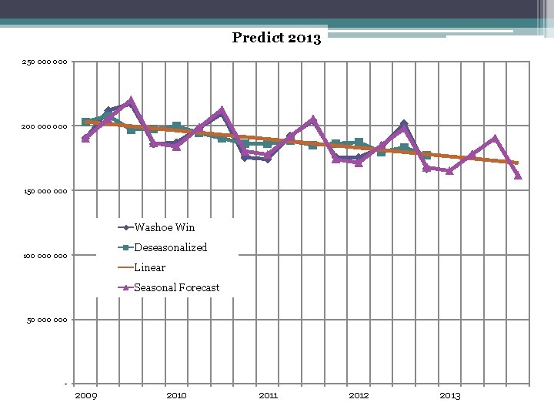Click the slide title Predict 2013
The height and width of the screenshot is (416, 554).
[276, 38]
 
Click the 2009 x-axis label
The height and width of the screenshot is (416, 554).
[85, 395]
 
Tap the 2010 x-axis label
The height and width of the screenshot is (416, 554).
[176, 395]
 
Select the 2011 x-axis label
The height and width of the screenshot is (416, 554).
[268, 395]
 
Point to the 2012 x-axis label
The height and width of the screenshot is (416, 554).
[359, 395]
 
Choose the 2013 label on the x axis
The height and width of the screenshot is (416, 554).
[449, 395]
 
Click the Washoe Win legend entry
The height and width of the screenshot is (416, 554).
[164, 227]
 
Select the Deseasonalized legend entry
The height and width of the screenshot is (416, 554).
[170, 247]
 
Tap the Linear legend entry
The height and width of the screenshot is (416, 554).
[149, 267]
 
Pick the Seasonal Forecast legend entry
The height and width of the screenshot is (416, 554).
[176, 287]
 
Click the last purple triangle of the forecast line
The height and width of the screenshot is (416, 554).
[518, 175]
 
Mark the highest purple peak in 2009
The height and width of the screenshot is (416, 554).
[131, 101]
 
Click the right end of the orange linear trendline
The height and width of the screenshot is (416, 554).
[518, 163]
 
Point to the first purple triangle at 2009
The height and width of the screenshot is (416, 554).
[85, 139]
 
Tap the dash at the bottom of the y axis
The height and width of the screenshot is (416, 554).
[65, 384]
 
